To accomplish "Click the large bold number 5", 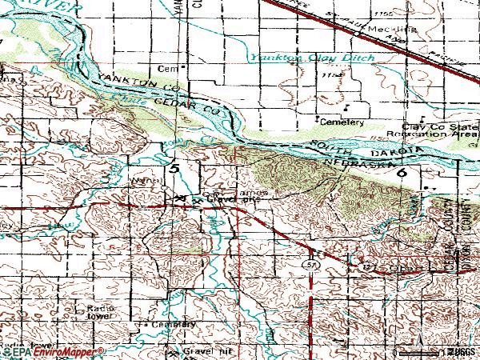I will point(174,169).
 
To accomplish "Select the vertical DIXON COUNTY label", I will point(471,232).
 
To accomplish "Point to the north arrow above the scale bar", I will point(427,341).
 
